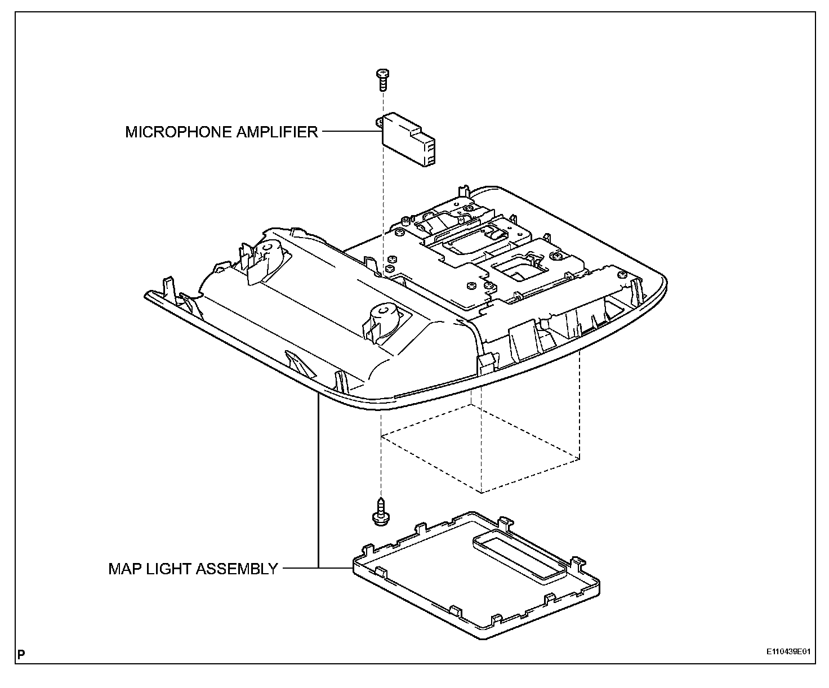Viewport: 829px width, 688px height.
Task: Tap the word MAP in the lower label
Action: coord(123,569)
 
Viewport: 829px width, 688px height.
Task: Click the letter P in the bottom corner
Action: coord(21,654)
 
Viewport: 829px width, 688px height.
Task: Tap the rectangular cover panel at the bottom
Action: coord(476,580)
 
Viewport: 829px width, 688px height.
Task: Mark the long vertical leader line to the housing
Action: coord(319,479)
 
